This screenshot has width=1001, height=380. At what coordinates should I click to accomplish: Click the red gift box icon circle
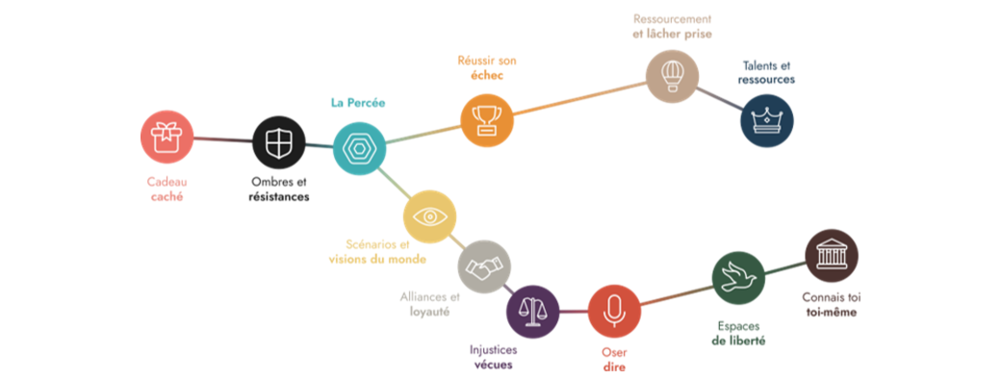[167, 137]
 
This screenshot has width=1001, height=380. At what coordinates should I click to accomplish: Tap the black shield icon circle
[279, 143]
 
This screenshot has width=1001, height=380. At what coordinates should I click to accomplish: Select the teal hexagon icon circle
[360, 149]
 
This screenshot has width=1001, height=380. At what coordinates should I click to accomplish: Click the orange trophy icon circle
[487, 119]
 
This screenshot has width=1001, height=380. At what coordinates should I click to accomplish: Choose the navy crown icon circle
[767, 122]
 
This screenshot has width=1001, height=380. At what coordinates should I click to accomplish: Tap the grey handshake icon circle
[484, 266]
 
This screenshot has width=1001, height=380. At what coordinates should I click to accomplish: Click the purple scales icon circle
[533, 312]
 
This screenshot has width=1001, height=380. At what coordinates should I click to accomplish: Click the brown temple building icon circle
[831, 256]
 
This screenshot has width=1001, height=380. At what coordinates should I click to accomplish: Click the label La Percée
[357, 102]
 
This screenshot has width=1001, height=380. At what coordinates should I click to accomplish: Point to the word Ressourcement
[672, 18]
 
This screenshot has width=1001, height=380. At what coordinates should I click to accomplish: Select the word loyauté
[427, 312]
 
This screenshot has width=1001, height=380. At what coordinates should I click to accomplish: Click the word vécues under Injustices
[492, 365]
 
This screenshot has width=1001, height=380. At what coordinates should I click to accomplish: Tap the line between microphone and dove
[677, 295]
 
